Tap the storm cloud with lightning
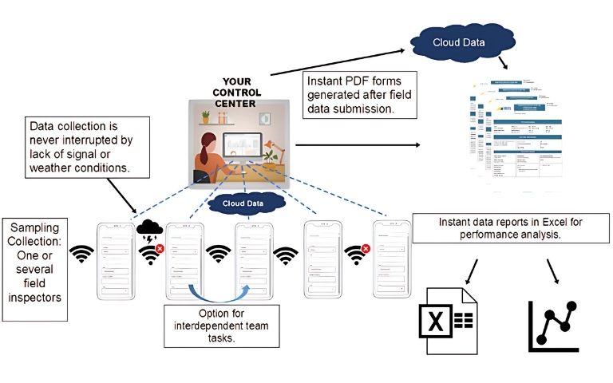click(150, 225)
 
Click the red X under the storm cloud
click(160, 248)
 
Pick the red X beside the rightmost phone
click(366, 248)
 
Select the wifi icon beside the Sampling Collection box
click(81, 255)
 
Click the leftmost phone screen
click(115, 260)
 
